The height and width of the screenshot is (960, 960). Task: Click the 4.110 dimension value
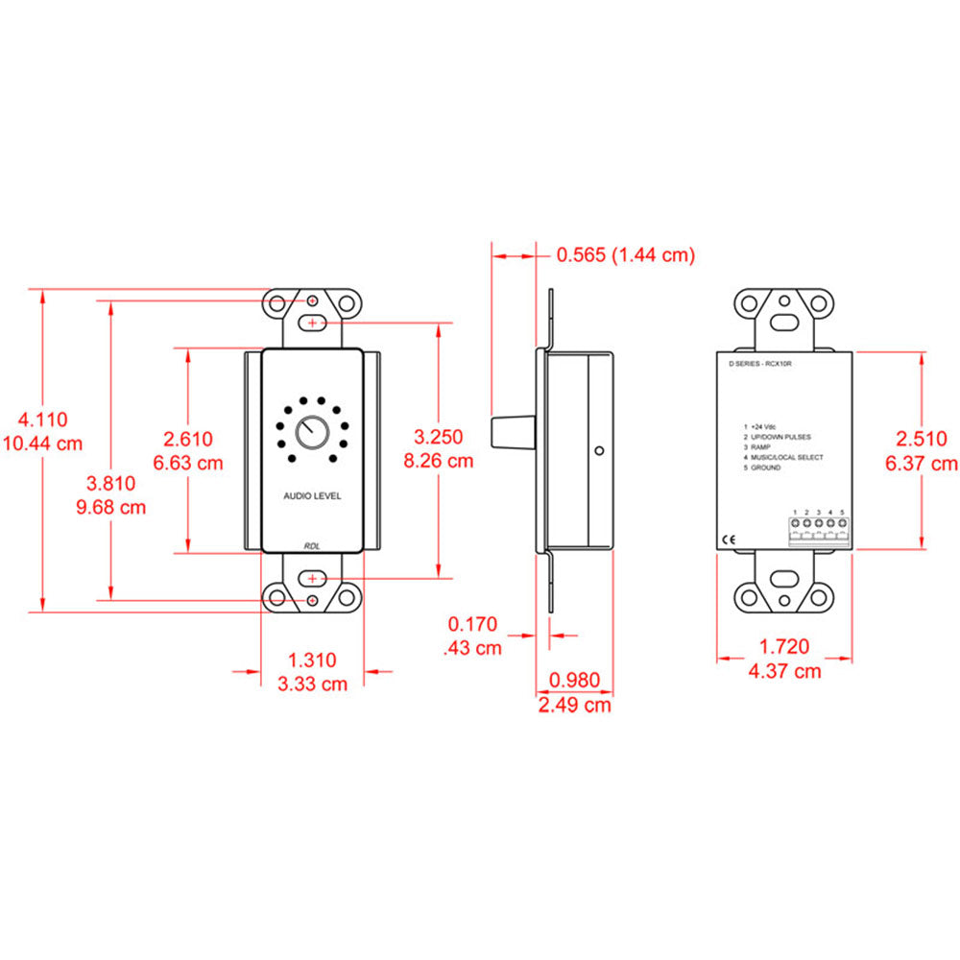[43, 419]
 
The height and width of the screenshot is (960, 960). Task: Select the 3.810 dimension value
[111, 483]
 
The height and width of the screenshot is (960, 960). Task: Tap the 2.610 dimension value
[188, 439]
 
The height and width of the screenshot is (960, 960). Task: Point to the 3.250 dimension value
[439, 436]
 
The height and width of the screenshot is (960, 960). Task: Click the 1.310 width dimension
[312, 660]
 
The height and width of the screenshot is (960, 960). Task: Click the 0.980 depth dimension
[573, 681]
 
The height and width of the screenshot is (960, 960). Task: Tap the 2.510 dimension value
[923, 439]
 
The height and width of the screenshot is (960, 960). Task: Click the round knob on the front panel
[311, 433]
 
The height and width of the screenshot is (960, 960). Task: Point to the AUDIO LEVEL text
[311, 496]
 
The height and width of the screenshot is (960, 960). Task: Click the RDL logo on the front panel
[312, 545]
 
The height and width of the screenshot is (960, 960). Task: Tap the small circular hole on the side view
[598, 449]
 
